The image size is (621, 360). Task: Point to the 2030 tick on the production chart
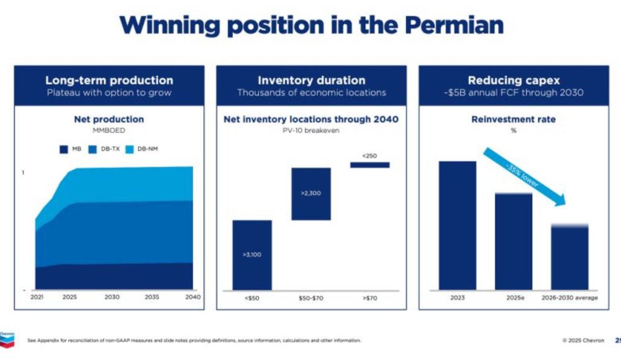(x=112, y=297)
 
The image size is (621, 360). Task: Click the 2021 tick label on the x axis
(x=37, y=297)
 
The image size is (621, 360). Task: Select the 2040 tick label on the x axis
(x=193, y=297)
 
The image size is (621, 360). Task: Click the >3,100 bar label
(x=252, y=254)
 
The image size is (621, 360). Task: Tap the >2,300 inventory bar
(x=311, y=194)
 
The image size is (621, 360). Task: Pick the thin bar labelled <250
(x=369, y=164)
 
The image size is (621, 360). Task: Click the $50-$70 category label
(x=311, y=298)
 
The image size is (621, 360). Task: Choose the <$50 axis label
(x=252, y=298)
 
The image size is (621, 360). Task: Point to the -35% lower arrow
(x=525, y=176)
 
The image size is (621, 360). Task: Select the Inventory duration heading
(x=311, y=80)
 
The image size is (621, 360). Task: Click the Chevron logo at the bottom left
(x=7, y=338)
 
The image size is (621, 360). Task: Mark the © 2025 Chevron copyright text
(x=583, y=340)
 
